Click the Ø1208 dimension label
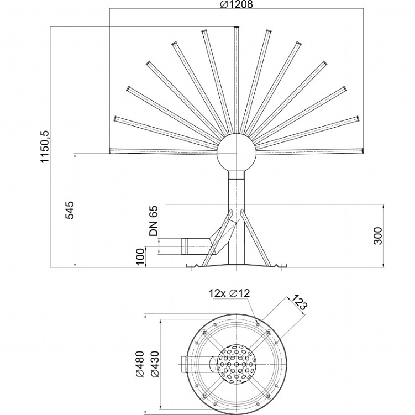[237, 4]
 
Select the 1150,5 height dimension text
[45, 146]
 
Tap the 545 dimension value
[70, 210]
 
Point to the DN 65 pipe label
[154, 220]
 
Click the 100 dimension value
[141, 256]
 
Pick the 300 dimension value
[379, 235]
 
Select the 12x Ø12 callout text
[229, 293]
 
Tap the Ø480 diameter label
[140, 364]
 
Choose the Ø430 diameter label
[155, 364]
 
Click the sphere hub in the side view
[237, 153]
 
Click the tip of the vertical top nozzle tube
[237, 27]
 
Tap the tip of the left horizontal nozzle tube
[110, 151]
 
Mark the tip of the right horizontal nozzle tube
[363, 151]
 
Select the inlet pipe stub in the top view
[185, 364]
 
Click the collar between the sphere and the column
[237, 175]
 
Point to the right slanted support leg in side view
[256, 238]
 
